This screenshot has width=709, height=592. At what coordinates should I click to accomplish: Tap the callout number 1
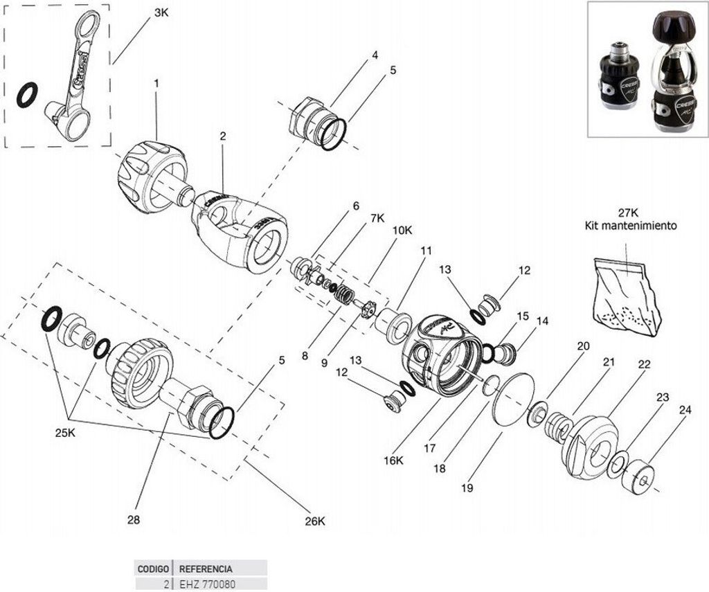156,83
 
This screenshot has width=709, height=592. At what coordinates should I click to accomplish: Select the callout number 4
375,55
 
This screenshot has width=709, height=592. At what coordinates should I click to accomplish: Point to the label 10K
402,230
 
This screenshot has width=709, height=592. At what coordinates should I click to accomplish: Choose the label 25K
66,433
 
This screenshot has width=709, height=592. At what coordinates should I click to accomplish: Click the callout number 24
685,410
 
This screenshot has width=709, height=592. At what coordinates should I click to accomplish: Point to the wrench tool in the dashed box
73,76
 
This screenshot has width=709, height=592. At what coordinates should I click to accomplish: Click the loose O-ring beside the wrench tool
28,95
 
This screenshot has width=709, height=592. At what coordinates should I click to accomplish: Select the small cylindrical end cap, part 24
640,477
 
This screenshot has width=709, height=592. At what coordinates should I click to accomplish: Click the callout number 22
644,364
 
